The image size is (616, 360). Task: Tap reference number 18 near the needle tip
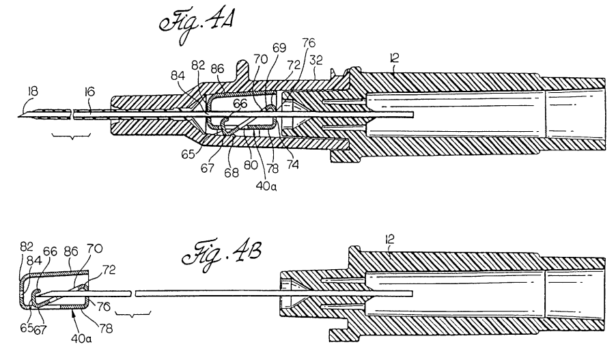(32, 92)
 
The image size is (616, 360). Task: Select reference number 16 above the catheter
(89, 92)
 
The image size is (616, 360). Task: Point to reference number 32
(316, 60)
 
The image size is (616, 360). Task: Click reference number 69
(279, 48)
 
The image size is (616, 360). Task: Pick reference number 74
(292, 164)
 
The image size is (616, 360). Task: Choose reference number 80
(251, 165)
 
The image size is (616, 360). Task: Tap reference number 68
(232, 172)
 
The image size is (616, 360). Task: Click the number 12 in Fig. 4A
(395, 58)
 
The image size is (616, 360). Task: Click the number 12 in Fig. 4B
(389, 239)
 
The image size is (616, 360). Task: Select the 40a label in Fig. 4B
(81, 338)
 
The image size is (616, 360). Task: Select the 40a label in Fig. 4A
(266, 186)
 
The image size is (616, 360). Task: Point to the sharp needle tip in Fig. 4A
(18, 116)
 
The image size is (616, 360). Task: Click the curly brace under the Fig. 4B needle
(132, 314)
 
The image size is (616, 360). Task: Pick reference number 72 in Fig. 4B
(109, 271)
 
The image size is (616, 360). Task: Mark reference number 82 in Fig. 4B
(27, 247)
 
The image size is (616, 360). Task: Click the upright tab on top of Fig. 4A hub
(244, 71)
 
